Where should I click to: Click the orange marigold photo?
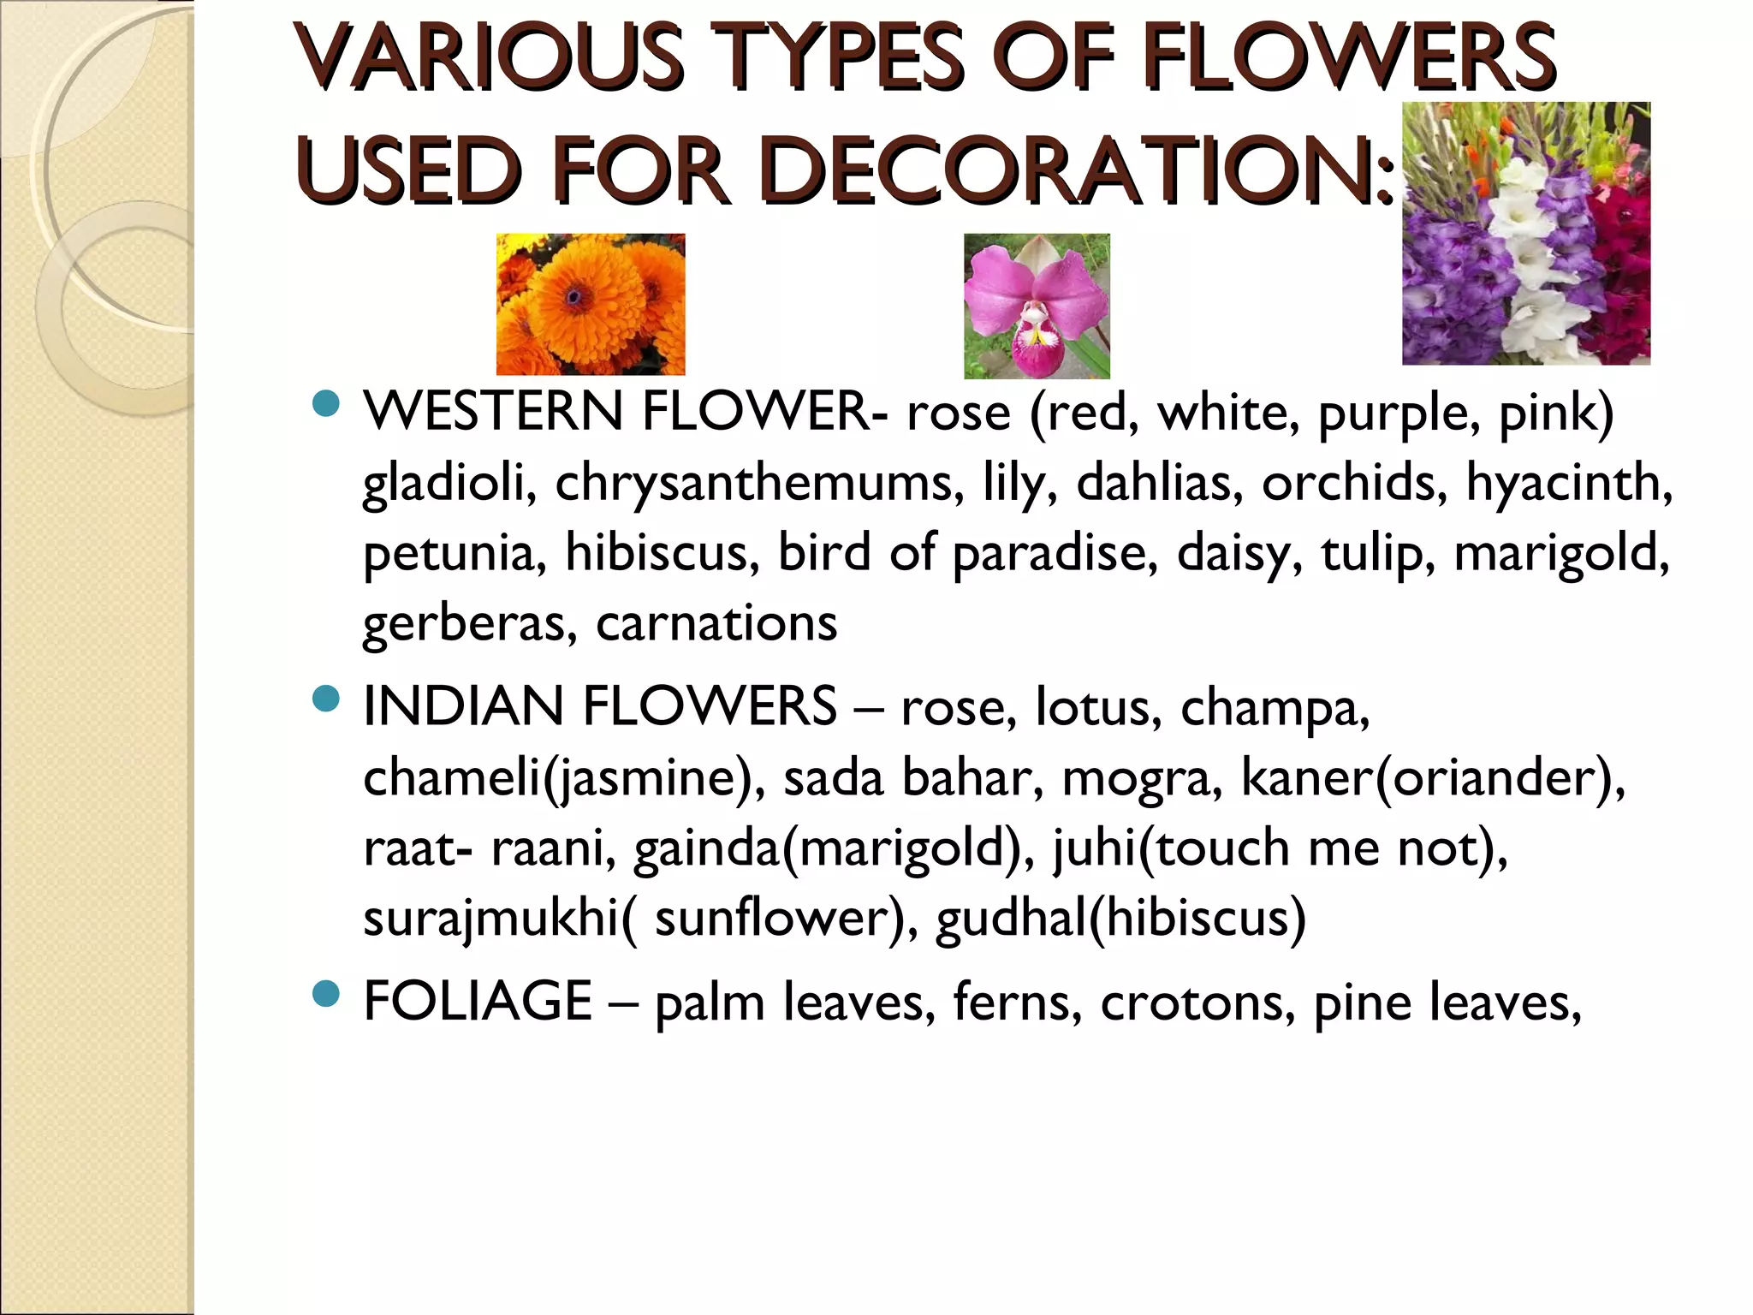591,304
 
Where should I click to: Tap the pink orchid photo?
1037,306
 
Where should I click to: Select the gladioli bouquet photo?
1525,233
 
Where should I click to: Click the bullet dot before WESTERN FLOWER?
326,403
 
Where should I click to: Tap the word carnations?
716,622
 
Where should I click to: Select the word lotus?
1098,707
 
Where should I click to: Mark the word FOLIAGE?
478,1001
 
